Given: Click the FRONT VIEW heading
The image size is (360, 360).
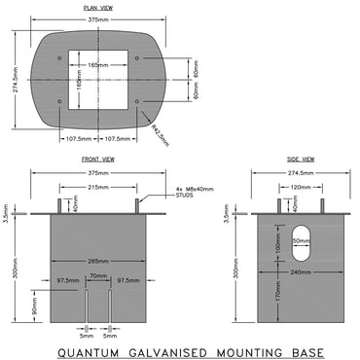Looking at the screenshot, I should (101, 158).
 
